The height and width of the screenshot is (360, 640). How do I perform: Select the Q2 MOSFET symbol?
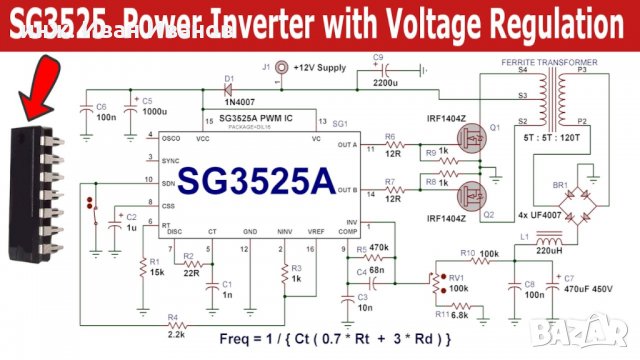coord(472,196)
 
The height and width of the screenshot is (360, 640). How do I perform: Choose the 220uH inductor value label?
coord(549,254)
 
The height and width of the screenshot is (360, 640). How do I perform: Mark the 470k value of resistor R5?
coord(377,246)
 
